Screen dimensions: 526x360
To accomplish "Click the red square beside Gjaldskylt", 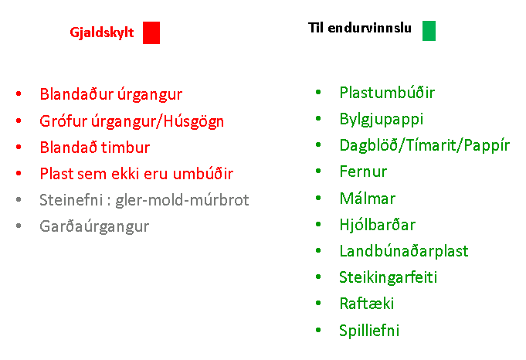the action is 151,32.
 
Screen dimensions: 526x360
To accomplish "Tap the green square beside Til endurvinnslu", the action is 429,31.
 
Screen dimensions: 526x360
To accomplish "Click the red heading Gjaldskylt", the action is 102,33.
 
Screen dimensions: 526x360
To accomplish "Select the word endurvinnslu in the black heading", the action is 369,28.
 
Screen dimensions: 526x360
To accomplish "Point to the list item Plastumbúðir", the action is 387,93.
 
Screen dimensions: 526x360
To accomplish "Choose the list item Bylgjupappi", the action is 382,120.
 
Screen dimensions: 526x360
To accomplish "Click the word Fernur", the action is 363,172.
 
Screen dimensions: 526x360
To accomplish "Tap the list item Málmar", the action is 368,198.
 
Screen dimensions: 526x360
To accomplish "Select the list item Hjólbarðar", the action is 378,225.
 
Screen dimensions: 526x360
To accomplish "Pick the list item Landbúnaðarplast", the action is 404,250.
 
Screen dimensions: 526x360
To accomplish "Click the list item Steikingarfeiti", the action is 388,277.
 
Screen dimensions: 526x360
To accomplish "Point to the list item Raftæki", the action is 367,304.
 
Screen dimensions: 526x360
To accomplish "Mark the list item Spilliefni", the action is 369,331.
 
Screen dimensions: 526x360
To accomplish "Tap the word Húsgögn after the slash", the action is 194,122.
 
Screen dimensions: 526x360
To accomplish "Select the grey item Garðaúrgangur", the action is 94,227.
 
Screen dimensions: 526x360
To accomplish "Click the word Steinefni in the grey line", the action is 71,200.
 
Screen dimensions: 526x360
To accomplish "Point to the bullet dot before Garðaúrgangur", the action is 19,226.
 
